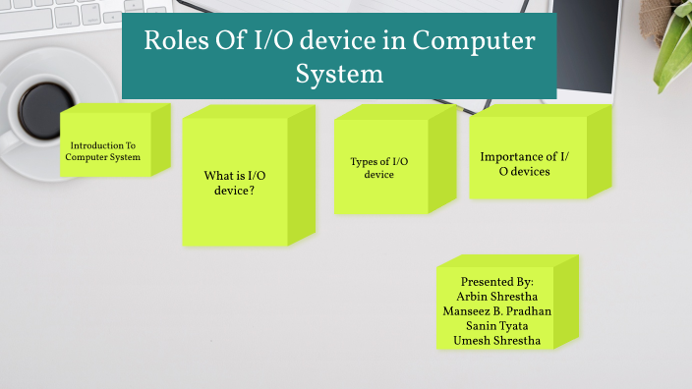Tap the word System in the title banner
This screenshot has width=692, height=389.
click(339, 74)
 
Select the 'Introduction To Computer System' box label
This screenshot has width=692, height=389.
click(105, 150)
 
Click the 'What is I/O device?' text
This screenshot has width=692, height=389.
click(235, 183)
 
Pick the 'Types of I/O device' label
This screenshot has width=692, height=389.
click(378, 168)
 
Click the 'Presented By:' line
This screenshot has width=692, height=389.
click(496, 281)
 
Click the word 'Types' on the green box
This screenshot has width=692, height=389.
click(364, 161)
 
